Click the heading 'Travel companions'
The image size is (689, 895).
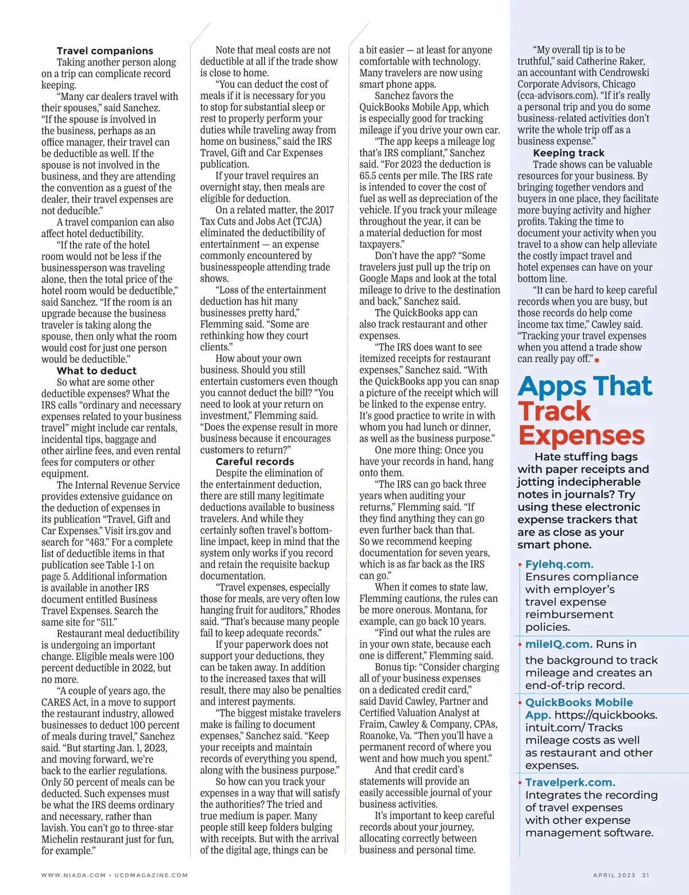point(105,51)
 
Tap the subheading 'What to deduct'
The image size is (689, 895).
point(96,371)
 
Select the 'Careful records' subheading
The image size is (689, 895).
point(254,462)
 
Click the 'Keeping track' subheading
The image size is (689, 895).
point(568,153)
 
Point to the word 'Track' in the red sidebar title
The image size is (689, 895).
point(554,411)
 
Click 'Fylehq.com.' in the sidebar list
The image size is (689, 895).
point(559,564)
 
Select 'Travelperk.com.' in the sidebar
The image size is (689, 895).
point(570,782)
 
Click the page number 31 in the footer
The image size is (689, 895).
point(645,875)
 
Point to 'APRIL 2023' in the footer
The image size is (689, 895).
point(614,875)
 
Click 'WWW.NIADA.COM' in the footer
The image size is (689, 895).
point(73,875)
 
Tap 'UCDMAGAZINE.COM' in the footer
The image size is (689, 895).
point(151,875)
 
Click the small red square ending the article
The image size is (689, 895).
point(597,360)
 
